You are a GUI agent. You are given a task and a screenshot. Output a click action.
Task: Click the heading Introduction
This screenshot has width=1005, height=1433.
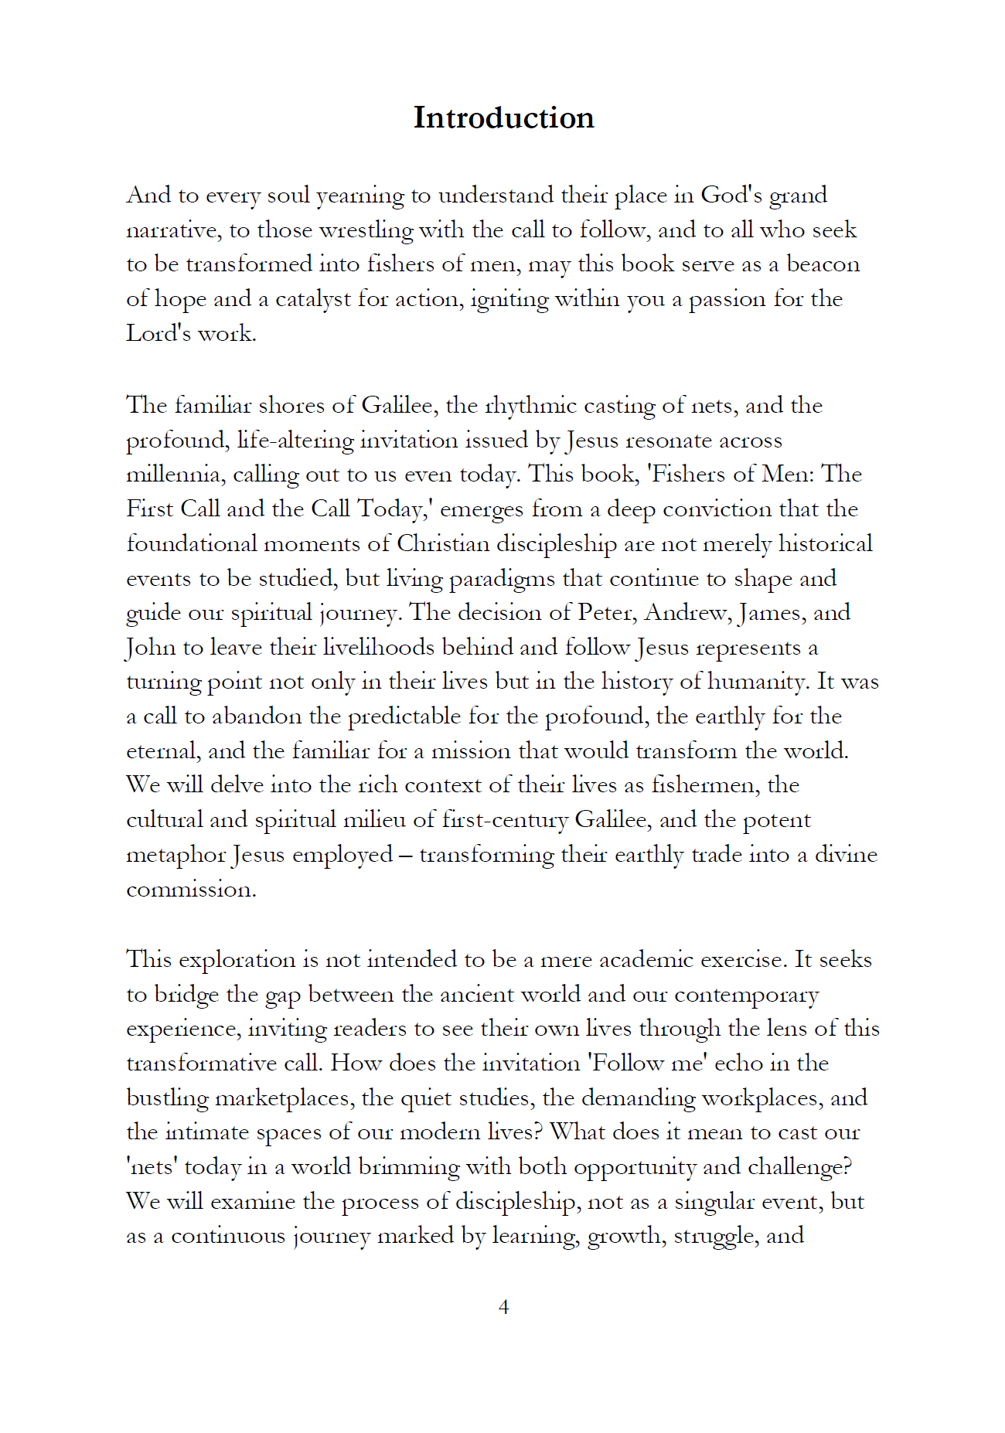(x=503, y=118)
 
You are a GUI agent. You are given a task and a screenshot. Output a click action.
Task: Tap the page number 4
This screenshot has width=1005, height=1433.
(x=503, y=1306)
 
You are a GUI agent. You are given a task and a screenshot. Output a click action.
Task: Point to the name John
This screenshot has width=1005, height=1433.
(x=150, y=647)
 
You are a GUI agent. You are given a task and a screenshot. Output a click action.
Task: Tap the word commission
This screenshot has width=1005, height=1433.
(x=190, y=889)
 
